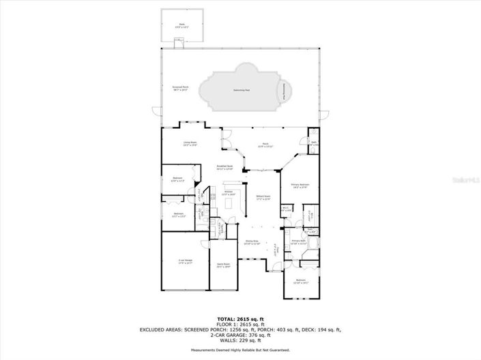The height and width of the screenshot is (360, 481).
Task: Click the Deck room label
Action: tap(182, 26)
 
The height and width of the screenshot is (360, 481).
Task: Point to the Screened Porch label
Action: tap(181, 89)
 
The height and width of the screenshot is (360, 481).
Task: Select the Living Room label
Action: tap(190, 143)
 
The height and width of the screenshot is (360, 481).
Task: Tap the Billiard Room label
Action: tap(263, 198)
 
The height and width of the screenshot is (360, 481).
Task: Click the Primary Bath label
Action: tap(299, 241)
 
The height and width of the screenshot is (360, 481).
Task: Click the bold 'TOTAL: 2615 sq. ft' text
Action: tap(240, 318)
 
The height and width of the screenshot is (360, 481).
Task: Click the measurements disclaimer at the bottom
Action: tap(240, 350)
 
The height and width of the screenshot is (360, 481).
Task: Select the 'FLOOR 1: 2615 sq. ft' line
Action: tap(240, 323)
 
